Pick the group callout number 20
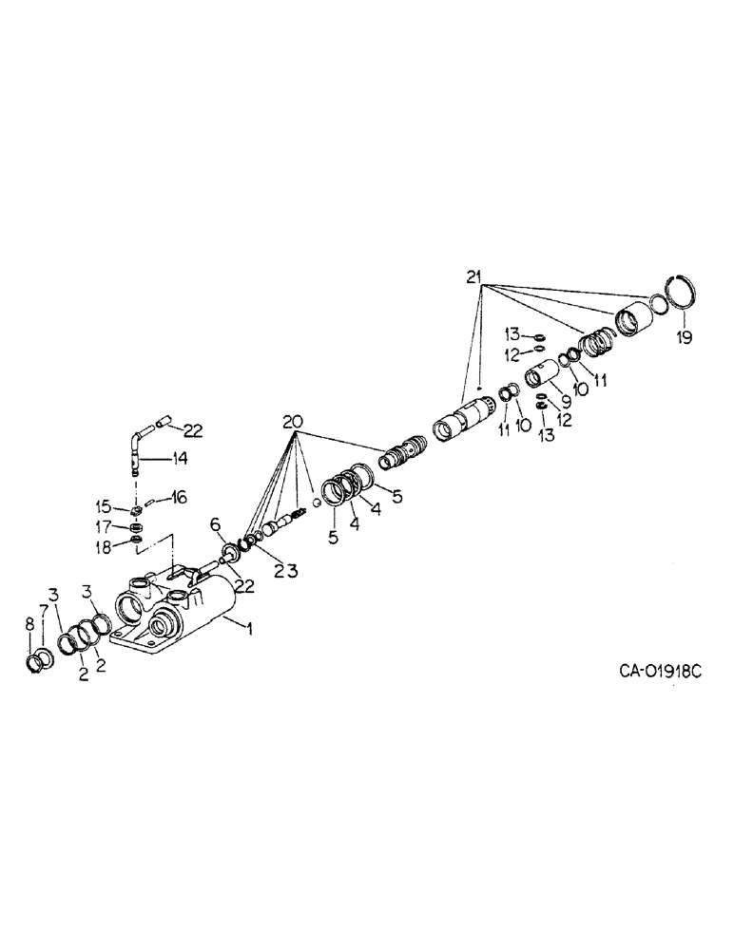[294, 420]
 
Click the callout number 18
[115, 545]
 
